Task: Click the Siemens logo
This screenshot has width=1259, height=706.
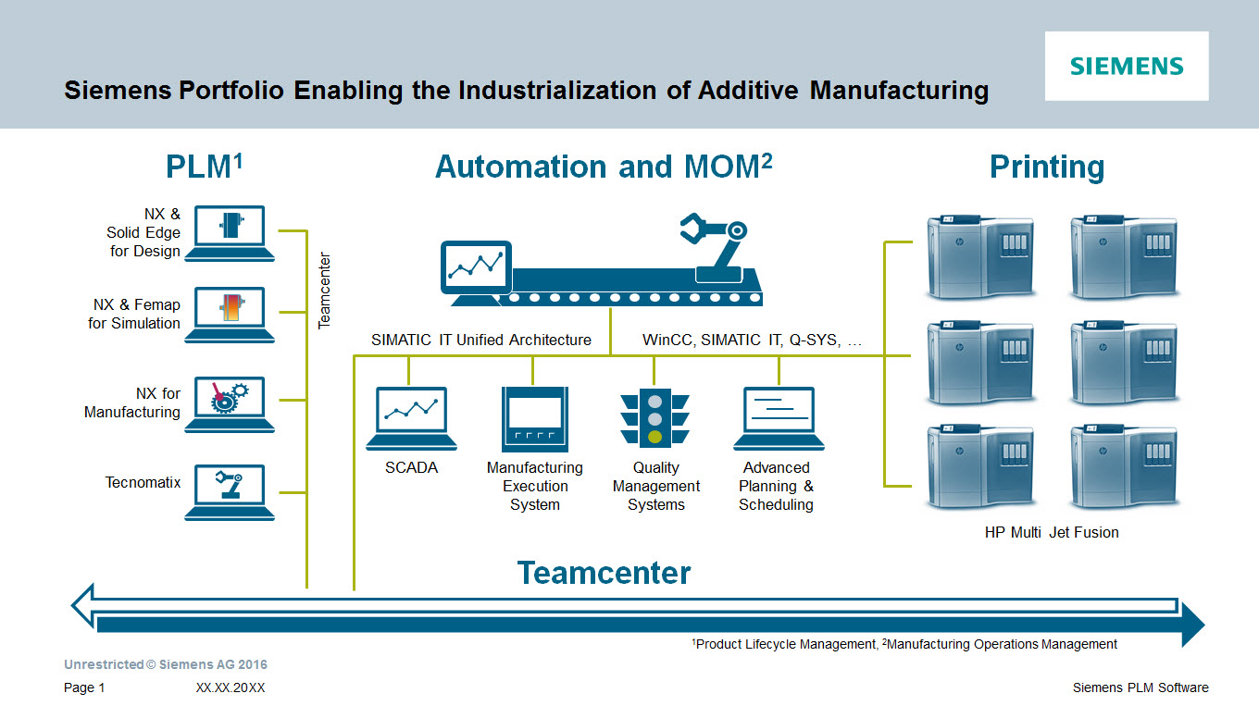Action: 1127,66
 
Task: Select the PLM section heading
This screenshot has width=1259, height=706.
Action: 204,167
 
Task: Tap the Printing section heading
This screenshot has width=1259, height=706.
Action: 1047,167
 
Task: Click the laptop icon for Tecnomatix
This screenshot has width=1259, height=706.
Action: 229,491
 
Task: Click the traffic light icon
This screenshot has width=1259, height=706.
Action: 654,418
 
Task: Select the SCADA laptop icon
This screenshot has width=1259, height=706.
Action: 411,418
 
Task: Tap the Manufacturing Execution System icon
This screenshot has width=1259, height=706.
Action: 534,418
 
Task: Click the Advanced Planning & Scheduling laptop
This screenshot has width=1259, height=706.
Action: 778,418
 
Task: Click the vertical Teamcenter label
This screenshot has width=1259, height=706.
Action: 324,291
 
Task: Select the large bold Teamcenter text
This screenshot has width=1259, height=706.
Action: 604,573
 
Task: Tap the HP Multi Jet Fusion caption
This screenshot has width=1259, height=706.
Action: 1052,532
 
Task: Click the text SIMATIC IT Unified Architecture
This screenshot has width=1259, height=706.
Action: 481,340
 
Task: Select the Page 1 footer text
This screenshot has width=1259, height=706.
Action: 84,687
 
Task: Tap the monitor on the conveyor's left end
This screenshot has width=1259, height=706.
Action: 475,269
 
